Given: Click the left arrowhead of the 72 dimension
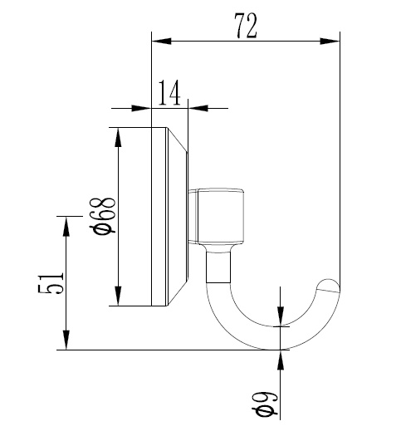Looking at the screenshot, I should (x=158, y=39).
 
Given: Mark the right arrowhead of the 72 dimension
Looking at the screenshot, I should (x=333, y=39).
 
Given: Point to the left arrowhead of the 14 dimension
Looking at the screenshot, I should (x=144, y=107).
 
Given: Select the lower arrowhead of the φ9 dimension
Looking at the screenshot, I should (x=281, y=357).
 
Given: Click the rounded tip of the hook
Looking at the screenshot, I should (x=331, y=287).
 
